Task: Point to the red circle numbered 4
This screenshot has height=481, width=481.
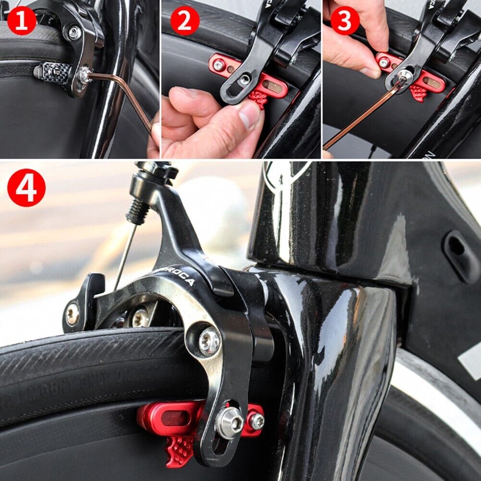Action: click(26, 187)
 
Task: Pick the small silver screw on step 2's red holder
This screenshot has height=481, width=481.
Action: click(219, 64)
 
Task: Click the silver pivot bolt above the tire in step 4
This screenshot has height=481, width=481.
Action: click(209, 341)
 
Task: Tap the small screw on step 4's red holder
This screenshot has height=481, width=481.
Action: click(257, 421)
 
